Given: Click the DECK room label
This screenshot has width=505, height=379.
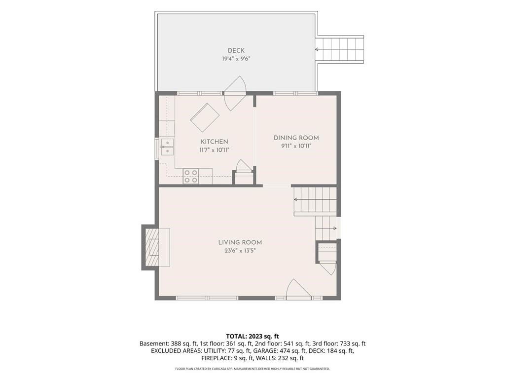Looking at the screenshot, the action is pos(236,51).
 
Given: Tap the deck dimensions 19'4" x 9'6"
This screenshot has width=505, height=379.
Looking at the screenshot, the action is pos(236,59).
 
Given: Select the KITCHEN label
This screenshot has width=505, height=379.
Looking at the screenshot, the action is pos(214,142).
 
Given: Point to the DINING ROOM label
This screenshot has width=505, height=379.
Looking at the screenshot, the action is pos(296,138).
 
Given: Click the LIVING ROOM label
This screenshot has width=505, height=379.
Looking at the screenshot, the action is pos(240,242).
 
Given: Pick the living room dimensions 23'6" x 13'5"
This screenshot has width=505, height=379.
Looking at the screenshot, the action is pos(240,251).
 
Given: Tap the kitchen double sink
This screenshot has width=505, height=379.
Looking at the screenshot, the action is pos(167,147).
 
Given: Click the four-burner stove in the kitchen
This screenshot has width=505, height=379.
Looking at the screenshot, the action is pos(190,177).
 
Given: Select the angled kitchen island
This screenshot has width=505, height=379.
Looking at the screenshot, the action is pos(205,117).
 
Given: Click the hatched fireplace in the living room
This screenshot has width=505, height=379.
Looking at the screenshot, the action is pos(153,248).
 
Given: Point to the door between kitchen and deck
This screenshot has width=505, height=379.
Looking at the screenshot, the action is pos(235,93).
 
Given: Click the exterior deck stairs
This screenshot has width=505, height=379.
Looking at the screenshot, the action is pos(341,50).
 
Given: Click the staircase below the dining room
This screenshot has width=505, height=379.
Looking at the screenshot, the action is pos(315,202).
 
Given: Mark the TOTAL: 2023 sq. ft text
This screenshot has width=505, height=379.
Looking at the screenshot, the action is pos(252,337).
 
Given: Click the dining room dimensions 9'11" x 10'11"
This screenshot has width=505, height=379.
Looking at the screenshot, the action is pos(296,146).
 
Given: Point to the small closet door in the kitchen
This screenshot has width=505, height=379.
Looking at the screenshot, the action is pos(243,166).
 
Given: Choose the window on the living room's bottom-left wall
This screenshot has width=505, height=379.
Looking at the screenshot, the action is pos(207,298).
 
